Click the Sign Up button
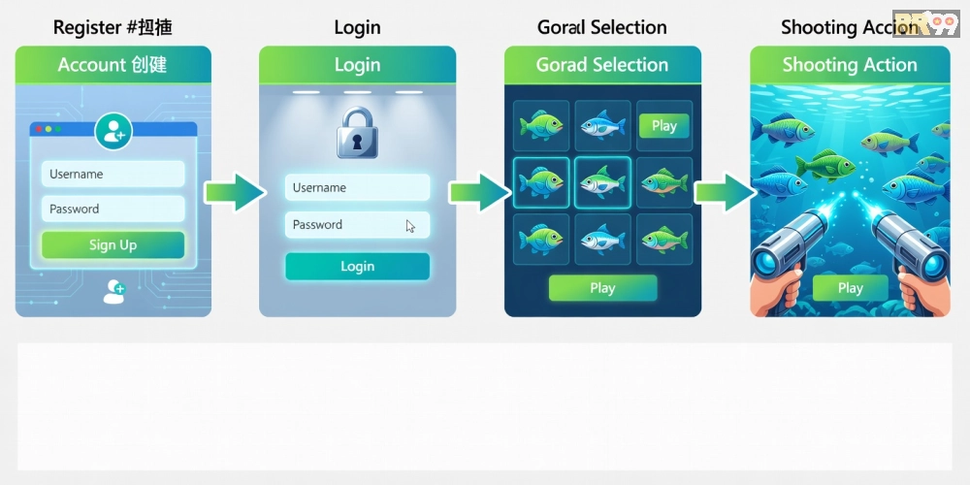click(113, 244)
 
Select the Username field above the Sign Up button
click(113, 174)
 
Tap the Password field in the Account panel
click(113, 209)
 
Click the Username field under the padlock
click(357, 187)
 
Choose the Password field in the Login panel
click(357, 224)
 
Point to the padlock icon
click(357, 133)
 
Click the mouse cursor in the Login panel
click(410, 226)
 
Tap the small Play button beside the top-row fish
click(664, 125)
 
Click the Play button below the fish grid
click(602, 287)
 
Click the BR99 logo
click(925, 23)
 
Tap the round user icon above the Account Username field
click(113, 131)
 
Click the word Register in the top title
click(86, 27)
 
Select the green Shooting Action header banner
click(850, 65)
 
